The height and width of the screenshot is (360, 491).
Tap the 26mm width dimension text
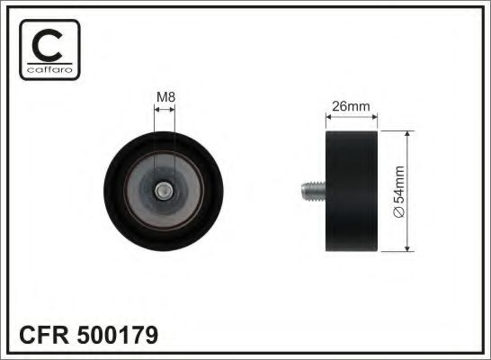(352, 105)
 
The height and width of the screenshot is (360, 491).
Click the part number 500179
(118, 336)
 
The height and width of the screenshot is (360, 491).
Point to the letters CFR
(41, 336)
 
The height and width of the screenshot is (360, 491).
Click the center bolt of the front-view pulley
(164, 190)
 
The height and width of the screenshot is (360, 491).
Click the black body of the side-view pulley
(352, 190)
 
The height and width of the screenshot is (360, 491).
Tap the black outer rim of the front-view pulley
(164, 138)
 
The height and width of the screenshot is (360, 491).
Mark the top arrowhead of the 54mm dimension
(409, 133)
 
